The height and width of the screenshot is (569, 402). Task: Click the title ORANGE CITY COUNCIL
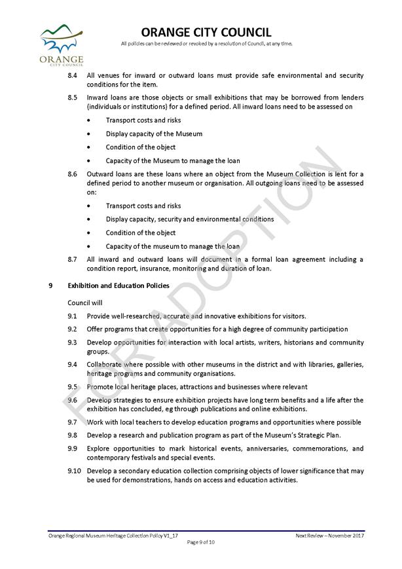pyautogui.click(x=206, y=32)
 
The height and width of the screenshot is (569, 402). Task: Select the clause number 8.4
pyautogui.click(x=73, y=76)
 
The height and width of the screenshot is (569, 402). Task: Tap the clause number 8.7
pyautogui.click(x=73, y=259)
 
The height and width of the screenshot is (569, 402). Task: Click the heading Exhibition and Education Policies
pyautogui.click(x=119, y=285)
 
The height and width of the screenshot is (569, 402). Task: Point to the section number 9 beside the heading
pyautogui.click(x=50, y=285)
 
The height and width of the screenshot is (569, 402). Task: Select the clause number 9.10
pyautogui.click(x=74, y=471)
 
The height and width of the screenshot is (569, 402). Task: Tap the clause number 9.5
pyautogui.click(x=73, y=387)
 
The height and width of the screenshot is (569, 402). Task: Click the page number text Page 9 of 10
pyautogui.click(x=201, y=542)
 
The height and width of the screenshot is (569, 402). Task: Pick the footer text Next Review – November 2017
pyautogui.click(x=329, y=536)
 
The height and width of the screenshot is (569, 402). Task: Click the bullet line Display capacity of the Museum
pyautogui.click(x=145, y=134)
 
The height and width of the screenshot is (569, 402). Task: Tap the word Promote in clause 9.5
pyautogui.click(x=100, y=387)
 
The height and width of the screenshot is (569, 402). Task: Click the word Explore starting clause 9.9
pyautogui.click(x=99, y=449)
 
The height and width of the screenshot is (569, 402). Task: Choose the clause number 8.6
pyautogui.click(x=73, y=174)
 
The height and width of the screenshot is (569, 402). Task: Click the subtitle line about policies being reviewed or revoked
pyautogui.click(x=206, y=44)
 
